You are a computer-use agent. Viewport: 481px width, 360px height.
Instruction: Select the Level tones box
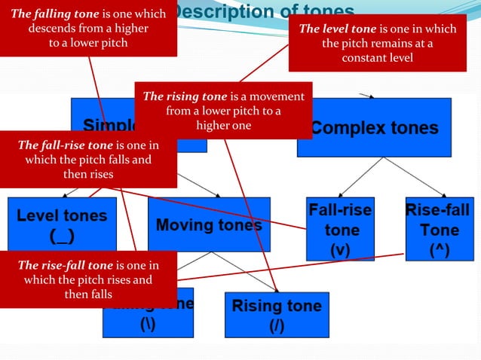pyautogui.click(x=62, y=224)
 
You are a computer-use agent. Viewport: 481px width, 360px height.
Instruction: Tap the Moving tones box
pyautogui.click(x=209, y=224)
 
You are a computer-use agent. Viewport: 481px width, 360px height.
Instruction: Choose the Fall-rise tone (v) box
pyautogui.click(x=340, y=229)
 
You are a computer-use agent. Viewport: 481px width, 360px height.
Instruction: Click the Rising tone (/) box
pyautogui.click(x=276, y=315)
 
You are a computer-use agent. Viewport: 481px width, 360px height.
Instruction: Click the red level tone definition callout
pyautogui.click(x=378, y=43)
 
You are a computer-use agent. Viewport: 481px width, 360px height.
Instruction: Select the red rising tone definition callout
pyautogui.click(x=223, y=111)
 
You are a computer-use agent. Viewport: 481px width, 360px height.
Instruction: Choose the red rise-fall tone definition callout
pyautogui.click(x=88, y=279)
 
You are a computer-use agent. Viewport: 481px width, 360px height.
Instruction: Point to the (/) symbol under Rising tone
pyautogui.click(x=276, y=327)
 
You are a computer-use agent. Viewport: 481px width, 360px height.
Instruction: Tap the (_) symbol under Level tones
pyautogui.click(x=62, y=235)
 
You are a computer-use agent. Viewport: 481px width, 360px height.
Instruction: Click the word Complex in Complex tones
pyautogui.click(x=343, y=127)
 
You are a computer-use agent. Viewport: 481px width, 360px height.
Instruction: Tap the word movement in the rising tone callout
pyautogui.click(x=278, y=96)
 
